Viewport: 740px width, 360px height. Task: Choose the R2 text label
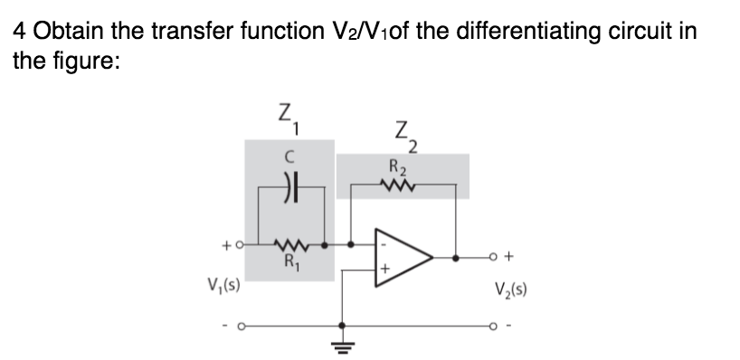coord(397,167)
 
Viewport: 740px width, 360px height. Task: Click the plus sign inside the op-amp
coord(384,269)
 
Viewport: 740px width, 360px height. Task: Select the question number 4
coord(18,33)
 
